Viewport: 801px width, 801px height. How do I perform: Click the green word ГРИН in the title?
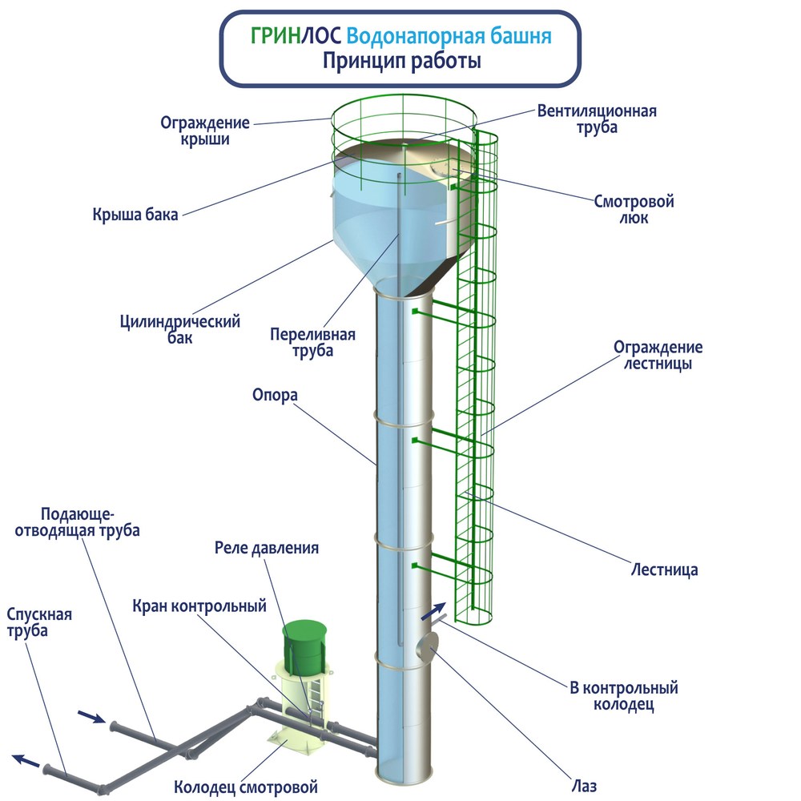pos(275,36)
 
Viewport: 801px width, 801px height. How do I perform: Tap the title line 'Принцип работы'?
pos(401,61)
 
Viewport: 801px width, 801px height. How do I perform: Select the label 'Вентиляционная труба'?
pos(597,119)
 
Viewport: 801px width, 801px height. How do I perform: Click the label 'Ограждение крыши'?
pos(205,131)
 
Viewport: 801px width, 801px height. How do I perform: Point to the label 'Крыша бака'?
pos(135,214)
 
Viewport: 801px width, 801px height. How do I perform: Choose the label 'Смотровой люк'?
pos(634,209)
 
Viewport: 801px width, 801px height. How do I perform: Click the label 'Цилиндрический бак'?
pos(179,329)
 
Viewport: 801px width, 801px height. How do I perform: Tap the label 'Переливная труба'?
pos(312,342)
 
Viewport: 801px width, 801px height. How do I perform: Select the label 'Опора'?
pos(275,395)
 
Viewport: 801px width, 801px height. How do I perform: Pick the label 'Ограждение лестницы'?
pos(658,355)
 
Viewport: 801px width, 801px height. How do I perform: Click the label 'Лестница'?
pos(664,570)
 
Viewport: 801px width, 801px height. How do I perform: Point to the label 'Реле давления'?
pos(267,548)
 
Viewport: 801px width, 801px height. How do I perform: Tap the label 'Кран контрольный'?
pos(199,606)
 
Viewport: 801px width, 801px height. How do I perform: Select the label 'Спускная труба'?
pos(38,622)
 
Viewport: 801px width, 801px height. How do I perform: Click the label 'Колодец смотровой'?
pos(246,787)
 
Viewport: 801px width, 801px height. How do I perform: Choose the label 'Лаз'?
pos(583,786)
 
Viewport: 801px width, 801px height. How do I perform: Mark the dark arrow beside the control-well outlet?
pos(433,611)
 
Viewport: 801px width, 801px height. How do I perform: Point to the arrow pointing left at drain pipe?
pos(26,760)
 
